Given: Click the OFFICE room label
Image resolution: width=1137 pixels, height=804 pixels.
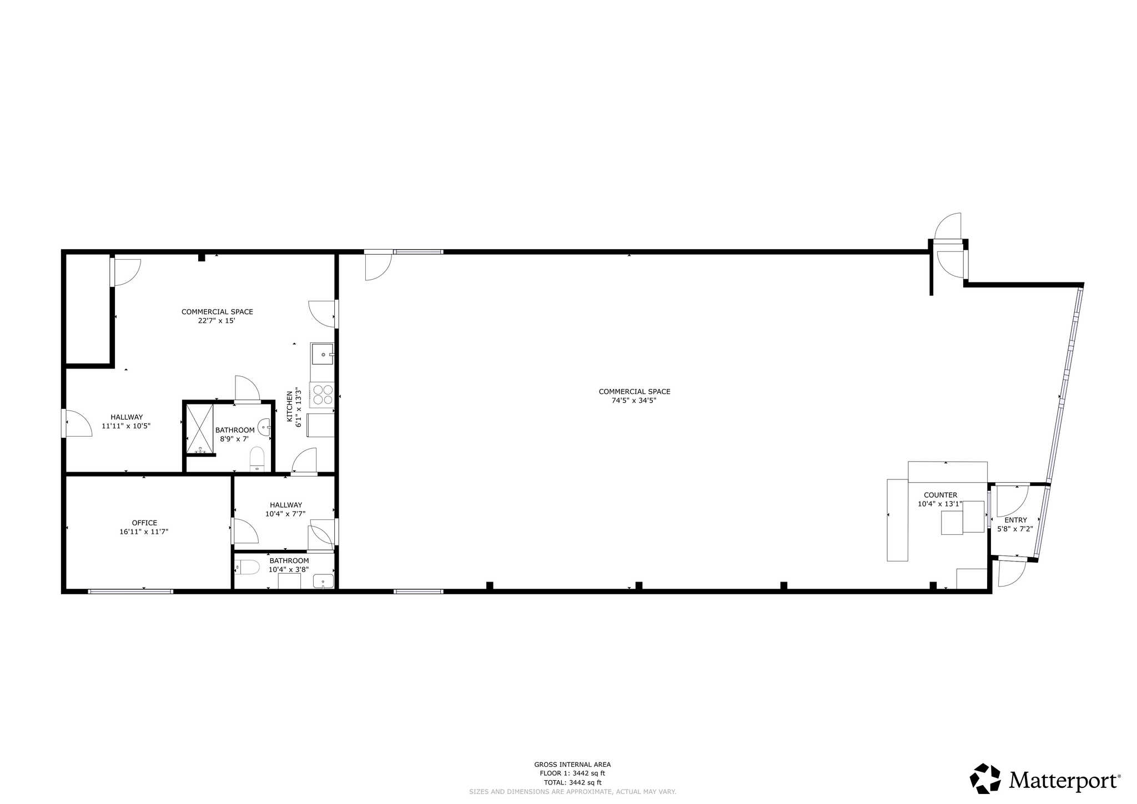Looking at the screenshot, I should pos(144,523).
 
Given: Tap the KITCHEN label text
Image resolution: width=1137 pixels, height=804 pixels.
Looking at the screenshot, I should pos(290,407).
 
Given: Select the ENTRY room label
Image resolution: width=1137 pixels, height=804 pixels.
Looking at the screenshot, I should pos(1015,520).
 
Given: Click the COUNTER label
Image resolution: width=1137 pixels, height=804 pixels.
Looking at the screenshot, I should pos(940,495).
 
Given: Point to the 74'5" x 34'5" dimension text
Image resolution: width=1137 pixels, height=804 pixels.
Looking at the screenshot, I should pos(634,400).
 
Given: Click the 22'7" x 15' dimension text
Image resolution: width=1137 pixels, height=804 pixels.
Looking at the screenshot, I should pos(217,320).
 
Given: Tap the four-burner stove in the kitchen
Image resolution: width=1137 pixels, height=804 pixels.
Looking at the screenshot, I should pos(323,394).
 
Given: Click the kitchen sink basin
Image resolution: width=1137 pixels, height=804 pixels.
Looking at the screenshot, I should pos(323,354).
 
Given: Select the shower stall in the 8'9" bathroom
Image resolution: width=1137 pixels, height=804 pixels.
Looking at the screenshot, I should pos(199,429).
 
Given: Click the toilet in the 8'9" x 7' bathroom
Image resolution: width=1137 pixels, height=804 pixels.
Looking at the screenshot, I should pos(257,458).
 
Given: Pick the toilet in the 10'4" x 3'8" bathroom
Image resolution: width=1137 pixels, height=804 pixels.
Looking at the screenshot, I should pos(249,567).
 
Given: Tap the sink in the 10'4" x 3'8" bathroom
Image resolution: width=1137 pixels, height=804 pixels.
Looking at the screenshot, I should pos(323,581).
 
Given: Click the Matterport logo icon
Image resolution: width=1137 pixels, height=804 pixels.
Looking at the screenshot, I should pos(985,778).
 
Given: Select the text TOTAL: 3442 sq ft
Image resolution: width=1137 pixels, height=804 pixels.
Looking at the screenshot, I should pos(572,782).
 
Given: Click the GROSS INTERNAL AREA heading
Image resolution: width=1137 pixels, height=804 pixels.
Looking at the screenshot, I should pos(572,765).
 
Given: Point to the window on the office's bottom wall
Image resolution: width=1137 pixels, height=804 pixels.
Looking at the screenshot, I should pos(130,591).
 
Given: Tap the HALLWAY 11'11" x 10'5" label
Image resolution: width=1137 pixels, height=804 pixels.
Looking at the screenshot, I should pos(126,422).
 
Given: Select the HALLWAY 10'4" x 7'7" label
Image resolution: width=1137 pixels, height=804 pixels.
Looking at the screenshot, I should pos(286,509).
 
